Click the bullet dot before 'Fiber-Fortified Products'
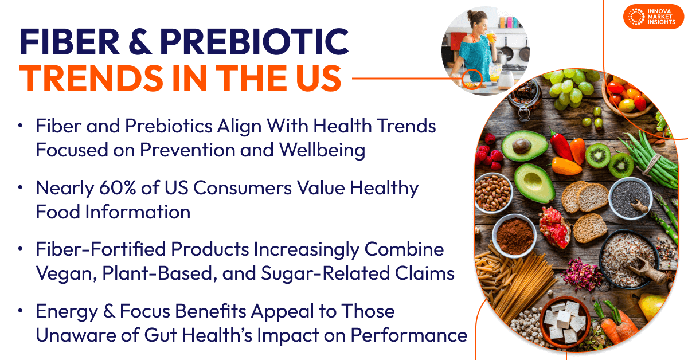point(21,250)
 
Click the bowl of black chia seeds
point(629,198)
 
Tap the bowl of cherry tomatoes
point(628,97)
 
